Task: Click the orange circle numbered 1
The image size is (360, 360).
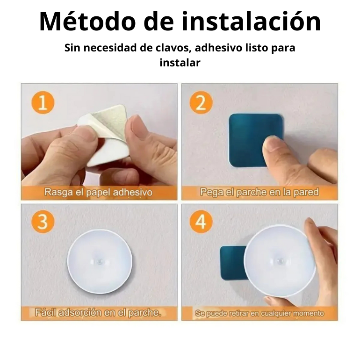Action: pos(43,103)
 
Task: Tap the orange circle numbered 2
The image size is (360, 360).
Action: pos(201,102)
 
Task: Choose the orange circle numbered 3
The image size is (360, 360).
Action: pos(43,222)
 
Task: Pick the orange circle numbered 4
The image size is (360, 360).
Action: pos(201,222)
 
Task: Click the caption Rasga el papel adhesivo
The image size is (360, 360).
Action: pos(99,192)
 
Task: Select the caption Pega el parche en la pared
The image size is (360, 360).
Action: pos(259,192)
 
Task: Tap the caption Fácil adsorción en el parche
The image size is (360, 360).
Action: pos(98,312)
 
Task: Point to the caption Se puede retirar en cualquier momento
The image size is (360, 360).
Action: pos(259,313)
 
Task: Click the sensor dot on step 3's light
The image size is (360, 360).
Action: pos(100,261)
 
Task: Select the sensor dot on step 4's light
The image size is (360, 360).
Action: pos(279,261)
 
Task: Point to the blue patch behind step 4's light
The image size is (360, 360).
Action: pos(232,263)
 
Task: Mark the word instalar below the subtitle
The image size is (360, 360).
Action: pos(180,63)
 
